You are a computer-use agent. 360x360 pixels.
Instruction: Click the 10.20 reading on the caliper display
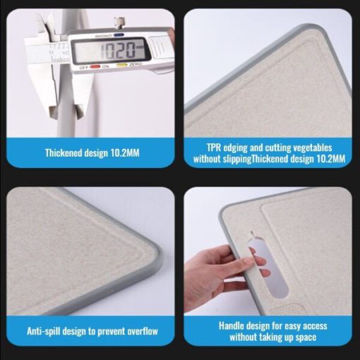(x=118, y=51)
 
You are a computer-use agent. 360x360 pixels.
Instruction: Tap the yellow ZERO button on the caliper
(x=122, y=65)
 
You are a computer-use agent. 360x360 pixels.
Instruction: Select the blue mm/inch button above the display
(x=119, y=35)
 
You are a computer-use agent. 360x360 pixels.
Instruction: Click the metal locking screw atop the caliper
(x=119, y=23)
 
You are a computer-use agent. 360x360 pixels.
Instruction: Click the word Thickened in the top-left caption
(x=64, y=153)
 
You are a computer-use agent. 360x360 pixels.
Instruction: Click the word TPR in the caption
(x=214, y=148)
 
